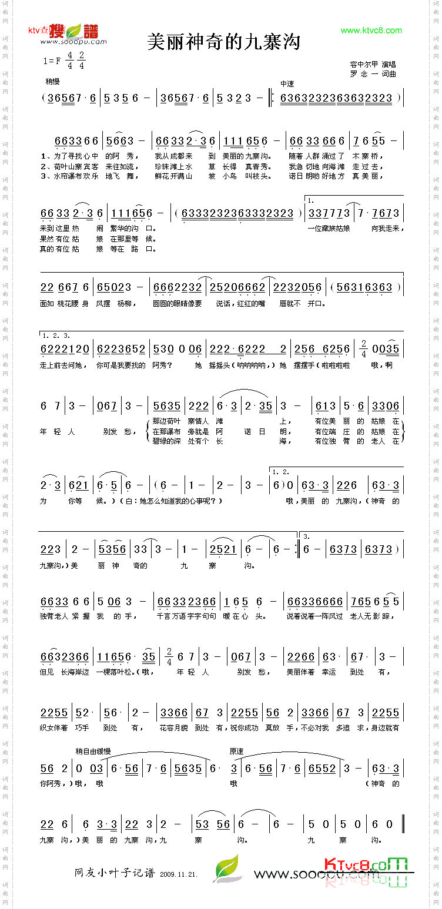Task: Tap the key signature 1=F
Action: [52, 61]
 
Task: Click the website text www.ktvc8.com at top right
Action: [371, 31]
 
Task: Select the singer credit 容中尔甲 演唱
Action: [373, 64]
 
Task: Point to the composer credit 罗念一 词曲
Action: [373, 74]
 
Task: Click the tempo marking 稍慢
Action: [52, 82]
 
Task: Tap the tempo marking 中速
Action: [287, 84]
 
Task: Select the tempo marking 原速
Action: [236, 752]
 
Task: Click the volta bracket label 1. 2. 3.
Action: [56, 336]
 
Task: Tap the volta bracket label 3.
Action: [306, 536]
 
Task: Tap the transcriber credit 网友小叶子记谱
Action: [114, 873]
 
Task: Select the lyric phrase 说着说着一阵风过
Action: [314, 616]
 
